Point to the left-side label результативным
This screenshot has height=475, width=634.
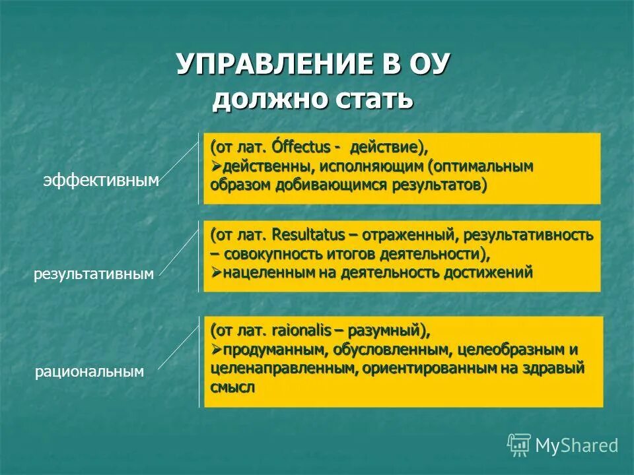[94, 274]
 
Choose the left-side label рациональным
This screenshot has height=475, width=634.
[89, 372]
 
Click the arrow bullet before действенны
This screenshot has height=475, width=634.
[216, 166]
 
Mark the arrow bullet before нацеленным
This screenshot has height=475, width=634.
[216, 273]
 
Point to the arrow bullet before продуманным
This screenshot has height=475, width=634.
[216, 349]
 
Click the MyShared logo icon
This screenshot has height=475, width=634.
[519, 445]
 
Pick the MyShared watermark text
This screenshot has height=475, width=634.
[577, 446]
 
